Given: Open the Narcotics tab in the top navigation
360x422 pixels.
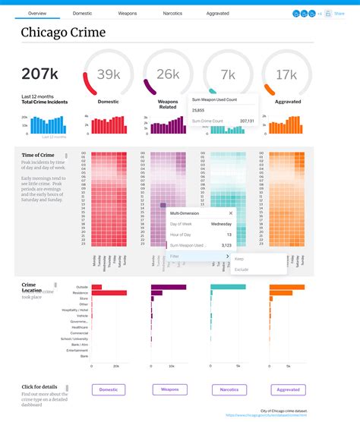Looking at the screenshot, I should click(172, 14).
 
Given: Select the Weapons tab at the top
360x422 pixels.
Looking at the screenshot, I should click(128, 14).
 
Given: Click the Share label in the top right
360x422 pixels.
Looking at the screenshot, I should click(339, 14).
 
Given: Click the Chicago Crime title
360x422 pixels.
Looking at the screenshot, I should click(63, 33).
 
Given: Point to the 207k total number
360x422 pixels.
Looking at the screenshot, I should click(40, 74).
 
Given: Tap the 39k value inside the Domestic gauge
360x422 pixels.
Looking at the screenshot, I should click(108, 74).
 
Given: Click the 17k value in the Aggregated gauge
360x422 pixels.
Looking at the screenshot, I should click(286, 74).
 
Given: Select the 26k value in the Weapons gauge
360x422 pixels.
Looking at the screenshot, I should click(167, 74).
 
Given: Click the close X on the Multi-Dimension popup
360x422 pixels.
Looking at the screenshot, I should click(231, 214).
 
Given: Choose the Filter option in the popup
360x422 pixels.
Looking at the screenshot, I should click(175, 257).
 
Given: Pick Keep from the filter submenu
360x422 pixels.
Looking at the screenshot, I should click(239, 259).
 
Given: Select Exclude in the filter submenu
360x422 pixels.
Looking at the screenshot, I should click(242, 269).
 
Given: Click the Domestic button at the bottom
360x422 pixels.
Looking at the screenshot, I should click(108, 389).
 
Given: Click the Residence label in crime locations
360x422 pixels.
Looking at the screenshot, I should click(81, 293).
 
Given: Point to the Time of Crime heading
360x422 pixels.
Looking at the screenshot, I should click(37, 155).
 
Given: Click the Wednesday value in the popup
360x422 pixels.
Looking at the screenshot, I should click(221, 225).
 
